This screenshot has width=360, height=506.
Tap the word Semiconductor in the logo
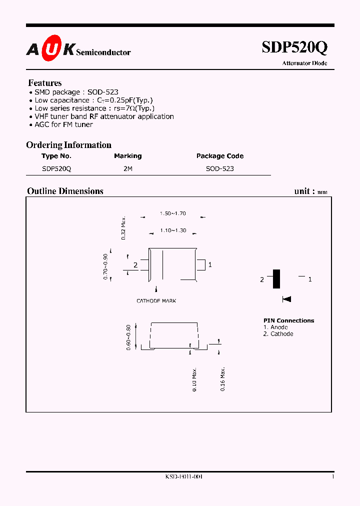point(103,52)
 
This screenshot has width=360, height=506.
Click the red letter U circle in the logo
point(51,49)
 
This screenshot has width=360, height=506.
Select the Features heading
point(45,83)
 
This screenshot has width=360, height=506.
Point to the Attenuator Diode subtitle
point(304,63)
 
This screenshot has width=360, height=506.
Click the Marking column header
point(127,156)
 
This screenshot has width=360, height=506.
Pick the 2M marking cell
point(128,169)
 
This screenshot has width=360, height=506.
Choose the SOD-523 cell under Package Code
point(220,169)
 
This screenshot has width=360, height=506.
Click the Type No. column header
point(56,156)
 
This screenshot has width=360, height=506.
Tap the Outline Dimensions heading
point(65,191)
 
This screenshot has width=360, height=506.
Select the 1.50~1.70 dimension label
point(173,213)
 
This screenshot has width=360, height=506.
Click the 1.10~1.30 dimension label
point(173,230)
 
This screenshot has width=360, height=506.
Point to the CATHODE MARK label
point(156,301)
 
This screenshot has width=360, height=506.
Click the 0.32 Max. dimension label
point(123,228)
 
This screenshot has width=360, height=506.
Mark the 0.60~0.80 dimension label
point(128,337)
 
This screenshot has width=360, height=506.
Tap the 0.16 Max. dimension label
point(223,378)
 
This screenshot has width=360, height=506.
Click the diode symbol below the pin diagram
point(287,299)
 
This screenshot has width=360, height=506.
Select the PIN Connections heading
point(289,320)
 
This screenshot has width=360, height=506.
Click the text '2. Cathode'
point(278,334)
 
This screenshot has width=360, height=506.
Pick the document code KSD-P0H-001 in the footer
point(183,477)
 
